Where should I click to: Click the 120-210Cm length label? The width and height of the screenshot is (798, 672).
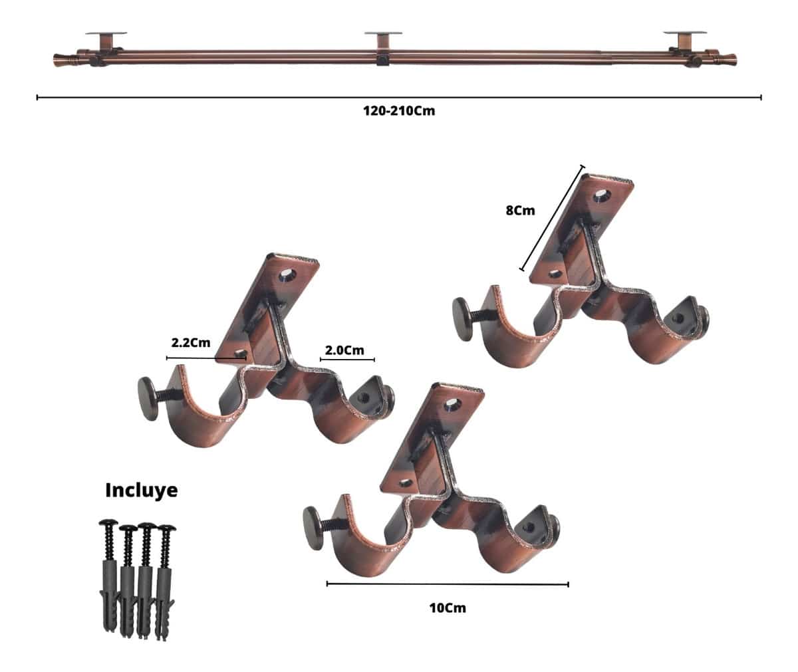pyautogui.click(x=398, y=111)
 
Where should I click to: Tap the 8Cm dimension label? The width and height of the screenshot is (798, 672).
pyautogui.click(x=520, y=211)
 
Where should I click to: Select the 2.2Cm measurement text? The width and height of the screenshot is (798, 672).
pyautogui.click(x=190, y=343)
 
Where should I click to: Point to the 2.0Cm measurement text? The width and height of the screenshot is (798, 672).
pyautogui.click(x=344, y=350)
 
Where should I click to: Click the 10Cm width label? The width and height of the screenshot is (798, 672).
pyautogui.click(x=448, y=608)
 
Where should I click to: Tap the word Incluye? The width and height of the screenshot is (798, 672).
pyautogui.click(x=142, y=490)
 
